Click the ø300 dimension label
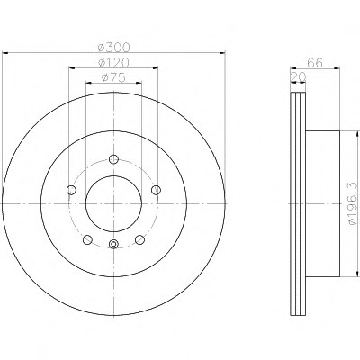pos(114,47)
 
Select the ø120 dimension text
pos(114,63)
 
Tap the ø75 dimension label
pos(113,77)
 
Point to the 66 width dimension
pos(315,63)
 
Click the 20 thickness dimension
pos(298,77)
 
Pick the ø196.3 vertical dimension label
pos(354,203)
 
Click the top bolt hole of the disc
pos(113,159)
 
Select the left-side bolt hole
pos(71,190)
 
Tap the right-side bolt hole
pos(156,190)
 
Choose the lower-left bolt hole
pos(87,239)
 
